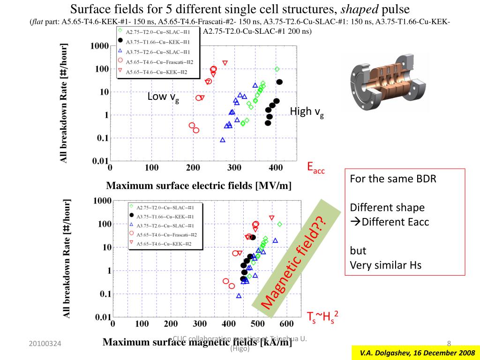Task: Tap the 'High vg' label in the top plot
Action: tap(307, 112)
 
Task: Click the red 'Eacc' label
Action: tap(315, 167)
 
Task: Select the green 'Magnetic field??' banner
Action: tap(293, 255)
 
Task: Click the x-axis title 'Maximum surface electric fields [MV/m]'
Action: tap(199, 186)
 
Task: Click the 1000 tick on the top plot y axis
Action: tap(100, 46)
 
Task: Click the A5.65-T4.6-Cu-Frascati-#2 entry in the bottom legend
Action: tap(166, 234)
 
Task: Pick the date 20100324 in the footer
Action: tap(45, 345)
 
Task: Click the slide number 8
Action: tap(449, 344)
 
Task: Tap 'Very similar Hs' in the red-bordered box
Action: tap(386, 265)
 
